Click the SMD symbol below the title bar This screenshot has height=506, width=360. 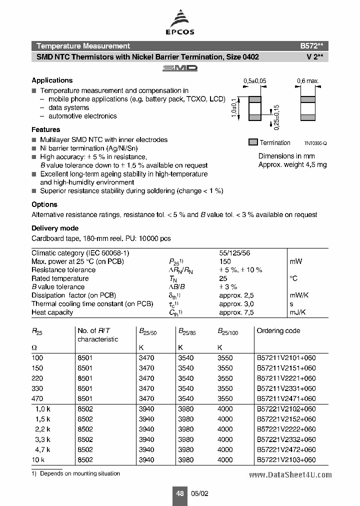click(x=180, y=68)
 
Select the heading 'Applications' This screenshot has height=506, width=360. click(x=52, y=80)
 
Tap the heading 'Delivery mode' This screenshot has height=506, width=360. click(x=55, y=228)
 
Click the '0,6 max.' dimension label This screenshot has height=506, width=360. click(x=307, y=81)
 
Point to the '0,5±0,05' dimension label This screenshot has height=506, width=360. click(x=254, y=81)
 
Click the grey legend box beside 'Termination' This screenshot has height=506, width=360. click(x=253, y=142)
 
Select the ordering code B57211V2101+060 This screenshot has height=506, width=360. click(x=286, y=358)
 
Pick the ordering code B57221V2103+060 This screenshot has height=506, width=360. click(x=286, y=460)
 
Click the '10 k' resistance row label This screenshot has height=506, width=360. click(x=38, y=460)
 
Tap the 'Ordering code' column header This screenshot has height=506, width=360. click(x=278, y=331)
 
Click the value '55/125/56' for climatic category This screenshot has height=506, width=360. click(x=235, y=253)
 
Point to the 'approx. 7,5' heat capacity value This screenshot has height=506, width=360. click(x=236, y=312)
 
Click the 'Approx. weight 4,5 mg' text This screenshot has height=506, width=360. click(x=292, y=164)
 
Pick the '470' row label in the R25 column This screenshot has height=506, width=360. click(x=37, y=399)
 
